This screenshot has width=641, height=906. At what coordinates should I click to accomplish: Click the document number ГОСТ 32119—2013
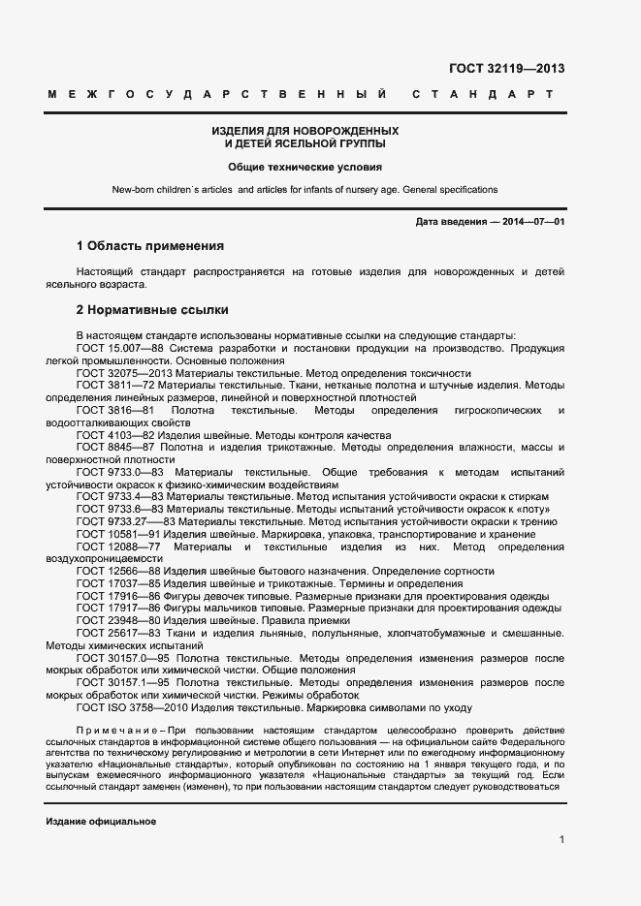(x=506, y=68)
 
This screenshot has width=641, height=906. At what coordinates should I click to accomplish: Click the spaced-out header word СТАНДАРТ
(x=482, y=95)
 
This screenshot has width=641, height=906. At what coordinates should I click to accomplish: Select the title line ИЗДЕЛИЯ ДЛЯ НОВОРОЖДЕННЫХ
(x=305, y=131)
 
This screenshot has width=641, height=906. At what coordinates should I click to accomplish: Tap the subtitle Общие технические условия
(x=305, y=167)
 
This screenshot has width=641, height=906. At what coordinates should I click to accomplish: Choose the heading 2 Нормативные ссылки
(x=152, y=310)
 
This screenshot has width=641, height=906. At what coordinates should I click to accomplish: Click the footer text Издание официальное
(x=101, y=822)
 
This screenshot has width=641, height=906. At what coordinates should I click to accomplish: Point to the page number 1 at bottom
(x=561, y=839)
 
